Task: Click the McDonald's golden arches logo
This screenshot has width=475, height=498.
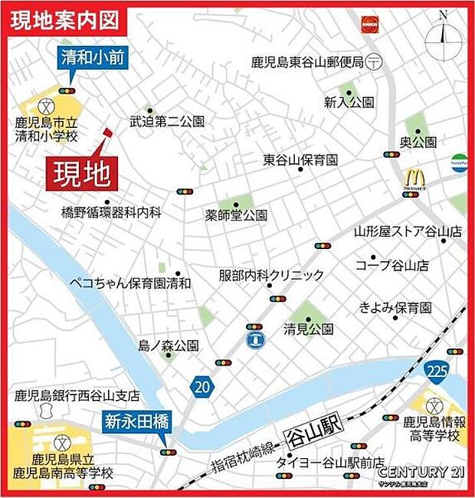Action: pyautogui.click(x=414, y=179)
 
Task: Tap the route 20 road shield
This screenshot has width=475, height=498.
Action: pyautogui.click(x=201, y=387)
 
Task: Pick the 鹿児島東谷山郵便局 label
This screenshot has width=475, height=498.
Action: pyautogui.click(x=306, y=62)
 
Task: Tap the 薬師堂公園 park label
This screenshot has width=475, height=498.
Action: pyautogui.click(x=236, y=216)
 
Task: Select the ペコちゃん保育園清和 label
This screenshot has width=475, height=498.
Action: pyautogui.click(x=129, y=283)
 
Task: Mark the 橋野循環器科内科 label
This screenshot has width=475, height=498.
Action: pyautogui.click(x=111, y=212)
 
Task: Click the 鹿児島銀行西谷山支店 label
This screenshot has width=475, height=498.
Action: pyautogui.click(x=77, y=396)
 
